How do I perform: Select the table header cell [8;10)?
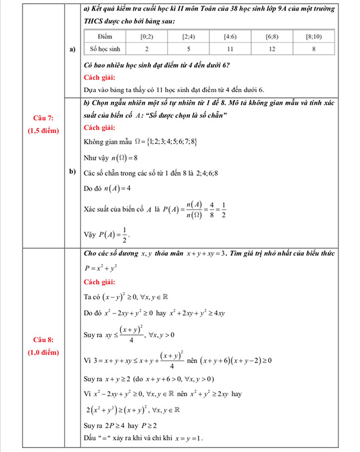pyautogui.click(x=313, y=36)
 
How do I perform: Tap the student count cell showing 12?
pyautogui.click(x=272, y=49)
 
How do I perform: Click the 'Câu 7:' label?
pyautogui.click(x=43, y=117)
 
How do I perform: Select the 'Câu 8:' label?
pyautogui.click(x=43, y=339)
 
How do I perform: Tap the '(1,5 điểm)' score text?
pyautogui.click(x=43, y=130)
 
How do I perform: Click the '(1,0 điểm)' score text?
pyautogui.click(x=43, y=352)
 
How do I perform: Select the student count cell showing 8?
pyautogui.click(x=313, y=49)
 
